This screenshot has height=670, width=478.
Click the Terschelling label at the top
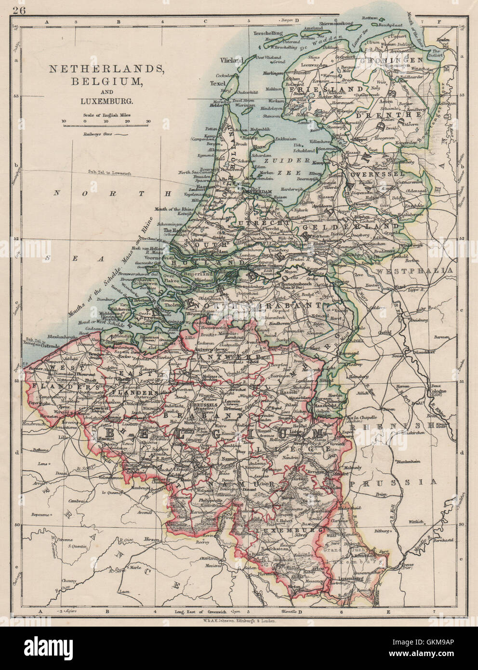[x=266, y=33]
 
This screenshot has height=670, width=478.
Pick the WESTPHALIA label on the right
[x=416, y=271]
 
